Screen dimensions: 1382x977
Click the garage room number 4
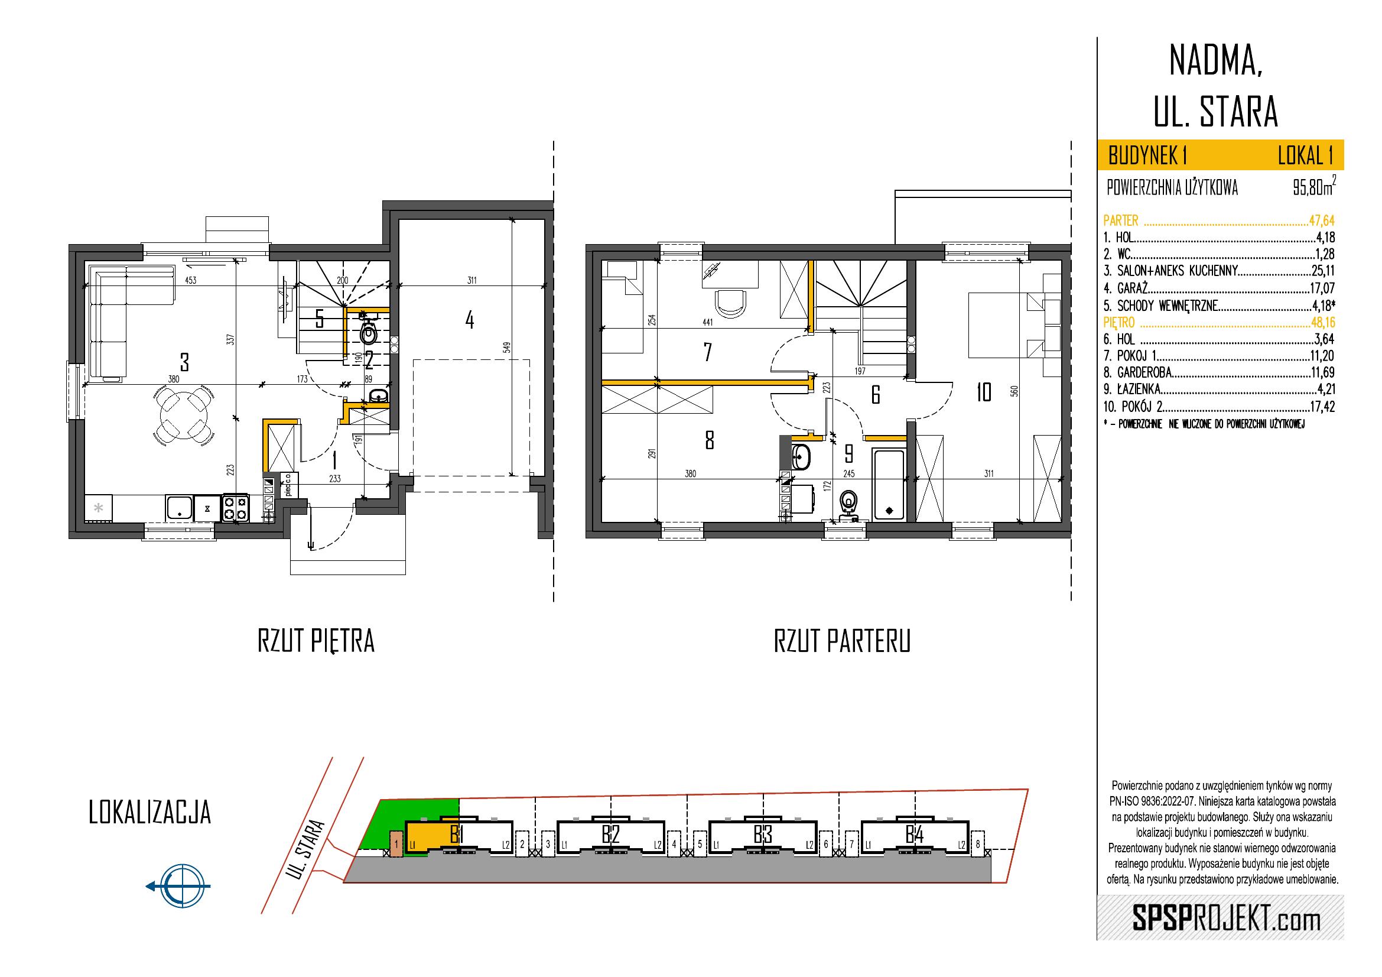point(470,320)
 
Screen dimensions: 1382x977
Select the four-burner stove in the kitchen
point(235,507)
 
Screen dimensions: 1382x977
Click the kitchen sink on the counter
point(180,508)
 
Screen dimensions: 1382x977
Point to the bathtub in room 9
point(888,485)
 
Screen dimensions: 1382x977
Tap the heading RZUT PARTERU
point(841,642)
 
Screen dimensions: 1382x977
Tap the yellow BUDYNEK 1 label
point(1147,157)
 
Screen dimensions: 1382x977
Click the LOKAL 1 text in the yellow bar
point(1305,157)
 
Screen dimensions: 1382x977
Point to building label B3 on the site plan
point(762,835)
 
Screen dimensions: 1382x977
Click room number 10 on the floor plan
point(984,393)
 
